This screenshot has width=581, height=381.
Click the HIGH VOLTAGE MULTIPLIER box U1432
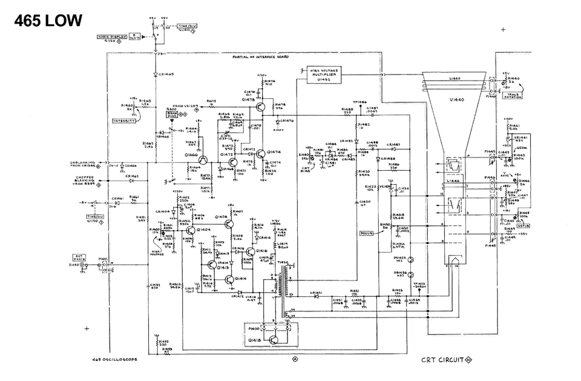pos(324,73)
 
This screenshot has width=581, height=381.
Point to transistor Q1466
pos(203,159)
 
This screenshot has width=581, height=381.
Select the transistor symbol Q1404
pos(192,230)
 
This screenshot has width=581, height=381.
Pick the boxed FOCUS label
pos(366,233)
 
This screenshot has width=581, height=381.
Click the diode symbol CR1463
pos(155,74)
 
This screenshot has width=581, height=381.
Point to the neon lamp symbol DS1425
pos(411,259)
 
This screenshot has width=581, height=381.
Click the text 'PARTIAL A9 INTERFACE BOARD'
pos(260,56)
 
